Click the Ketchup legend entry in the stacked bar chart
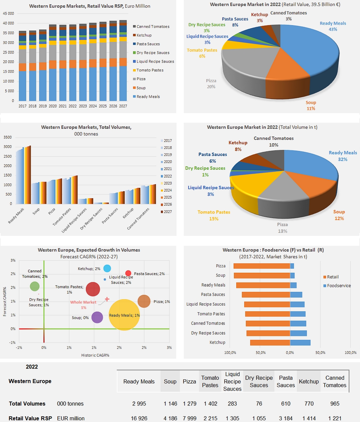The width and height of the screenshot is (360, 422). tap(144, 35)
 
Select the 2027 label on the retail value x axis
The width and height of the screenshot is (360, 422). tap(123, 106)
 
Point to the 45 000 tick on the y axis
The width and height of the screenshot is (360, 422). tap(9, 14)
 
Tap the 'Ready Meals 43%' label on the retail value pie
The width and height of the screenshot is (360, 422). tap(333, 26)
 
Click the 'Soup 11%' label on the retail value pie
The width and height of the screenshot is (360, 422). tap(311, 105)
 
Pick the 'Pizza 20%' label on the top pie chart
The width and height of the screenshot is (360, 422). tap(211, 84)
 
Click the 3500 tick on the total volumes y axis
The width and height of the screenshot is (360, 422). tap(8, 137)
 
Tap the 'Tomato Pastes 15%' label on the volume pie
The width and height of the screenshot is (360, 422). tap(214, 215)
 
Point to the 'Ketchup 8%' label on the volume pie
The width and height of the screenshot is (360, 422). tap(238, 146)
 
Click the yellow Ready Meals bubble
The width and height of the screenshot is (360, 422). tap(124, 315)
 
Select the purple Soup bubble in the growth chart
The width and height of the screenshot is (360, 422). tap(97, 317)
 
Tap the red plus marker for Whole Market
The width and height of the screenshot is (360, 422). tap(107, 299)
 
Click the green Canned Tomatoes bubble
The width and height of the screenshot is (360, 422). tap(35, 286)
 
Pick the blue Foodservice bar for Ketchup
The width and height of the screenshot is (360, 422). tap(300, 343)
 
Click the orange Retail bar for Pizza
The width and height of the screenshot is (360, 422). tap(262, 266)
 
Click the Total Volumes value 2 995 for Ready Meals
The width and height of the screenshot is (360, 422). tap(139, 404)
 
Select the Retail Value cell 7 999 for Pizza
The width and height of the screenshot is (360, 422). tap(189, 418)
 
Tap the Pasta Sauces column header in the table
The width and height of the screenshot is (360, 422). tap(286, 381)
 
